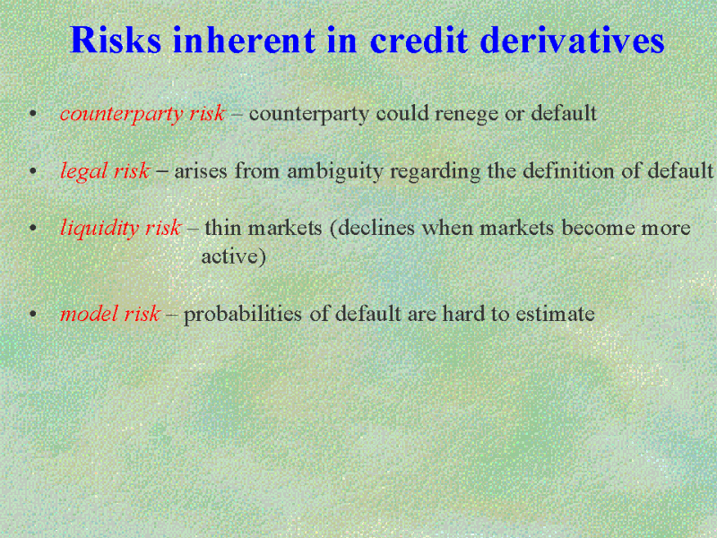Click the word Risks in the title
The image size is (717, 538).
click(x=116, y=39)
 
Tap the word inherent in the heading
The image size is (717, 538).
click(x=244, y=39)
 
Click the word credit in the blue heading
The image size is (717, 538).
click(x=419, y=39)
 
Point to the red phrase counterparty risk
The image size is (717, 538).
click(x=143, y=113)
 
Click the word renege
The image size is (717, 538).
click(x=466, y=114)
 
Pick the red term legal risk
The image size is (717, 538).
click(x=105, y=171)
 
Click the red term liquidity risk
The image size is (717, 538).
click(x=121, y=228)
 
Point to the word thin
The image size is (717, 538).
click(x=222, y=228)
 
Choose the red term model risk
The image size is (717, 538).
click(x=109, y=314)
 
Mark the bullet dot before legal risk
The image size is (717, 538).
click(x=32, y=172)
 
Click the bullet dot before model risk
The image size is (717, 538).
click(x=32, y=315)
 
